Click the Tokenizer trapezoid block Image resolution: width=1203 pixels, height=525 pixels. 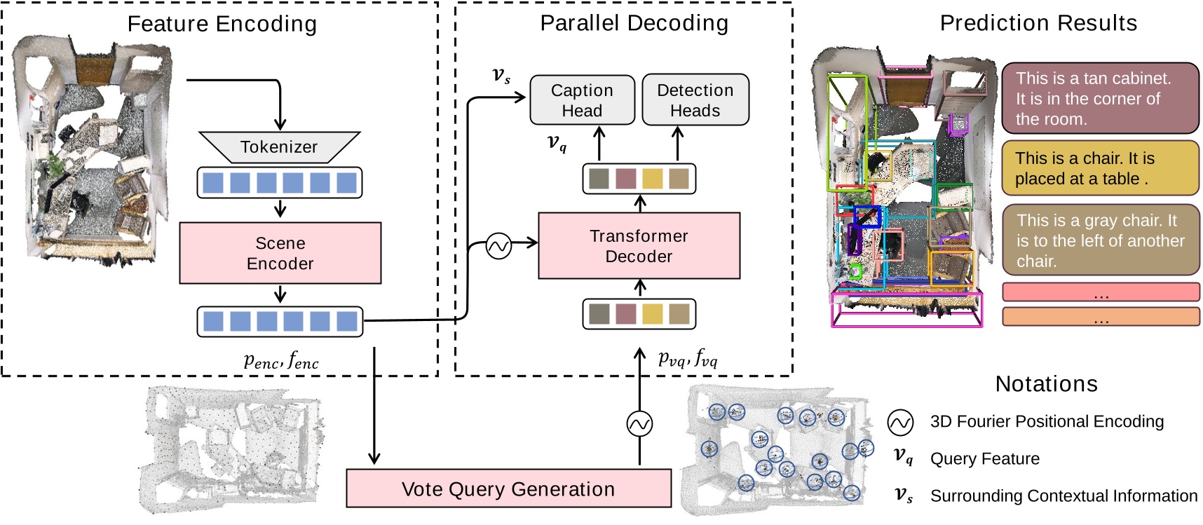pos(279,147)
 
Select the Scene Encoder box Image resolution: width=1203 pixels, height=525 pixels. pos(280,253)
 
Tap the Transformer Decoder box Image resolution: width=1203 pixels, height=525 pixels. pos(639,246)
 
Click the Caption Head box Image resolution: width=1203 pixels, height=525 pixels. pos(582,100)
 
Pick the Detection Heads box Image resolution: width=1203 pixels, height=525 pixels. pos(695,100)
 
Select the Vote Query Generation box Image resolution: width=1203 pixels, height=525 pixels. pos(508,489)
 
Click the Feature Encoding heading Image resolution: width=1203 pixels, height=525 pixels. pos(222,24)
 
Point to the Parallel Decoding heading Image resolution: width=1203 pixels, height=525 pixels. pos(634,23)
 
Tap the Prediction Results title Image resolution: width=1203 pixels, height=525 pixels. pos(1038,23)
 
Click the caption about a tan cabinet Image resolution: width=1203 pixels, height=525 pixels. pos(1100,99)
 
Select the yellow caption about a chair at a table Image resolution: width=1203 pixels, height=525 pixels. pos(1100,168)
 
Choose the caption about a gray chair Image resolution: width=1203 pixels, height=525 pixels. pos(1100,240)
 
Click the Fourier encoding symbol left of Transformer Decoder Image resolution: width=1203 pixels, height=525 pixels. pos(498,246)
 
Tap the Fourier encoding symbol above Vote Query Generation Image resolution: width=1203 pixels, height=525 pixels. pos(639,423)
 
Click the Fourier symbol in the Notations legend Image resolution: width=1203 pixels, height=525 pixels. pos(900,422)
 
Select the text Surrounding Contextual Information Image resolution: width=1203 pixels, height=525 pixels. pos(1063,496)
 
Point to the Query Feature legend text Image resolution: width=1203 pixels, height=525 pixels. pos(984,458)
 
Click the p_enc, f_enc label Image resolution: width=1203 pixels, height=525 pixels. pos(281,361)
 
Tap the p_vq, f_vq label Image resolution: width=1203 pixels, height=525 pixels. pos(688,359)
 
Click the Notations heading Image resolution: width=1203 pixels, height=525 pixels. pos(1046,384)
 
